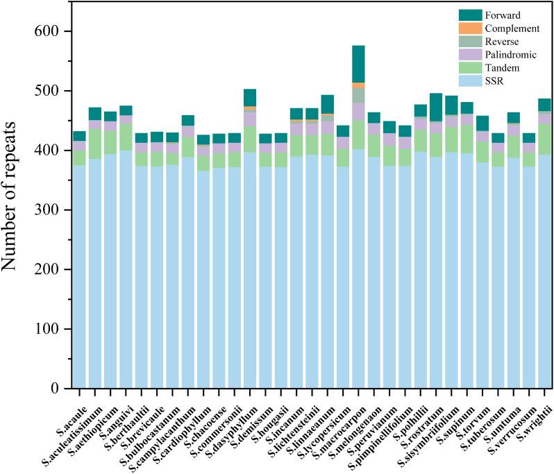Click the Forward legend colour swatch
[x=449, y=15]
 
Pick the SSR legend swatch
[x=449, y=82]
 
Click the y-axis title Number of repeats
[x=15, y=210]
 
